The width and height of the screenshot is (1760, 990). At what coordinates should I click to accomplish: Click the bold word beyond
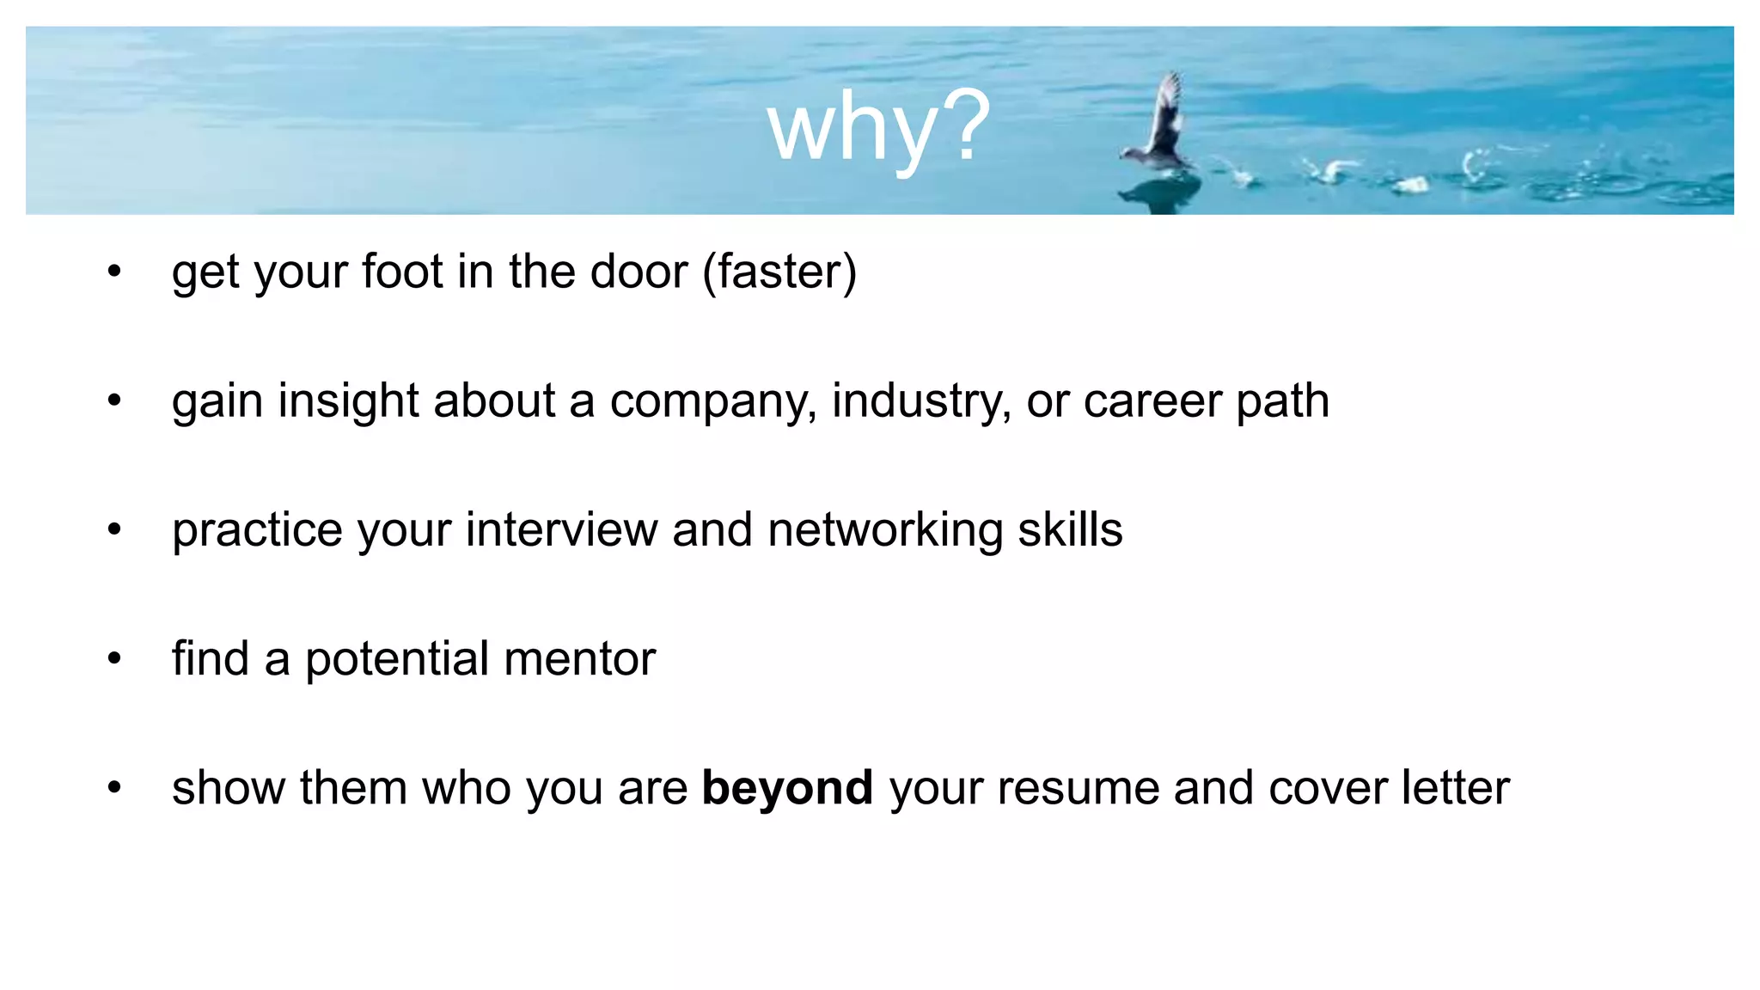tap(787, 788)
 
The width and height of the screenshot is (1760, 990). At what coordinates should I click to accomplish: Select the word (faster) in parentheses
tap(779, 272)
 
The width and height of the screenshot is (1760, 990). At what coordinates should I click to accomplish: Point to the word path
tap(1282, 401)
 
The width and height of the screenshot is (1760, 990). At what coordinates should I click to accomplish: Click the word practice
tap(257, 530)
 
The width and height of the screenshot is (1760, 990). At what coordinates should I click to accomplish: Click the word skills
tap(1070, 529)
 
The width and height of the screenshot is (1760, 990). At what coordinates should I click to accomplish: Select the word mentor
tap(580, 659)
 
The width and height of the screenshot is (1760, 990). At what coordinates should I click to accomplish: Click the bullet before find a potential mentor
tap(115, 659)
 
